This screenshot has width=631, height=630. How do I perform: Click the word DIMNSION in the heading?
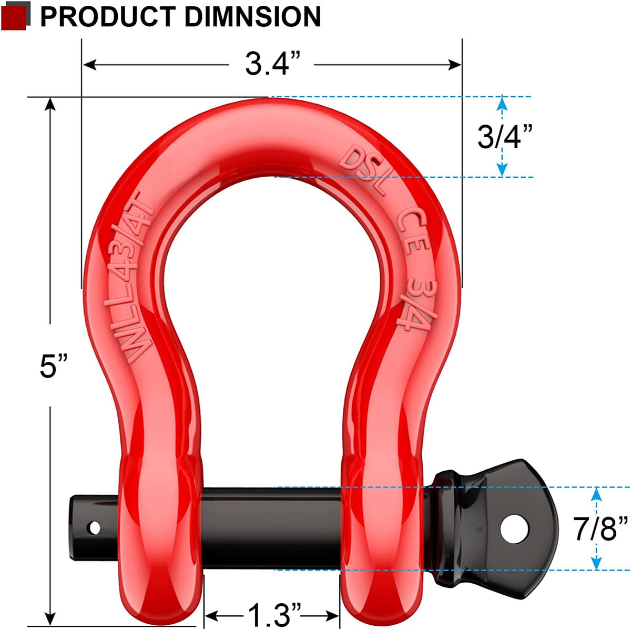point(252,17)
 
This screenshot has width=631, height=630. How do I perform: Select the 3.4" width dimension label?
point(272,65)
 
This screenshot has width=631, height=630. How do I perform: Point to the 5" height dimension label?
point(54,366)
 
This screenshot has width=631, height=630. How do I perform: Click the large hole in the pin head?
point(514,530)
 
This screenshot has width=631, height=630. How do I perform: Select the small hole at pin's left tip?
point(94,526)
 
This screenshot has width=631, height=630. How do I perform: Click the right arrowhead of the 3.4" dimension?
point(455,65)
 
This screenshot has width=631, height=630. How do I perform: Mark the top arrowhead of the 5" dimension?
point(50,103)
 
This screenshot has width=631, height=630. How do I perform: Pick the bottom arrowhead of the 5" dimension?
point(50,618)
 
